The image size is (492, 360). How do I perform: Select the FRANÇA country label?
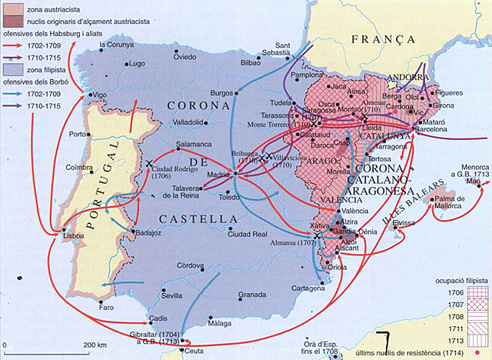click(x=377, y=38)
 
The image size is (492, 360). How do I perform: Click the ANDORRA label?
click(x=405, y=77)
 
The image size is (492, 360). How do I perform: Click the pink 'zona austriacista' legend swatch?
click(x=12, y=6)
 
